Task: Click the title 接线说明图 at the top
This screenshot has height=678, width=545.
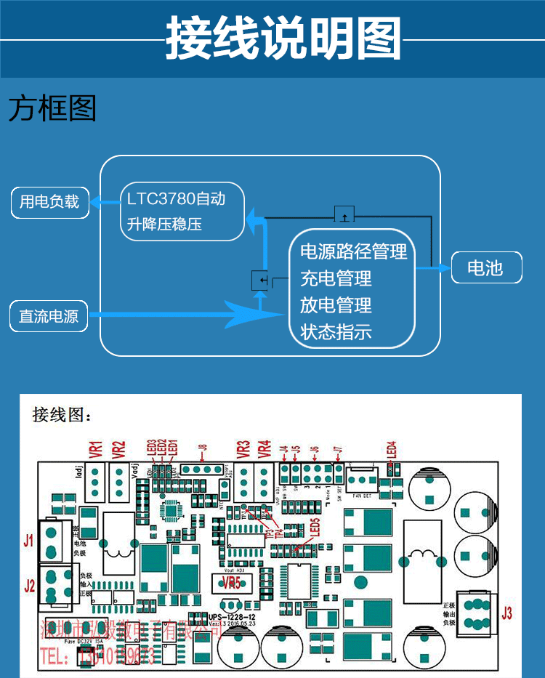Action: click(283, 38)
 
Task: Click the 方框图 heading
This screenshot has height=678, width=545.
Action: click(52, 109)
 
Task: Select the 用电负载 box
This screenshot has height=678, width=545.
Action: click(49, 202)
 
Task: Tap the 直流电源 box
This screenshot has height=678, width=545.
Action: click(49, 316)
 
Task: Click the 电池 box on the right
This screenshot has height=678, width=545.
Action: click(486, 267)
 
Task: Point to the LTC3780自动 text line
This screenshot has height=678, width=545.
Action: click(176, 198)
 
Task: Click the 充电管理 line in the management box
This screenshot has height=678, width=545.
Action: click(336, 278)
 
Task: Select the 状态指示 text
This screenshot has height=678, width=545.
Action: click(336, 332)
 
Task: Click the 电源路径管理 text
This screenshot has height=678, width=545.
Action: click(353, 251)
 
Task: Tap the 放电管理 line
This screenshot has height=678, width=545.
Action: click(336, 305)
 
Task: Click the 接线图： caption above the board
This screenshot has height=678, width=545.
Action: click(62, 416)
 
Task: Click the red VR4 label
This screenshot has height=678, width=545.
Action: click(265, 449)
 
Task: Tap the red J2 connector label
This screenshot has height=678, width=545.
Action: click(29, 586)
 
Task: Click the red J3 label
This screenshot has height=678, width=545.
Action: click(506, 613)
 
